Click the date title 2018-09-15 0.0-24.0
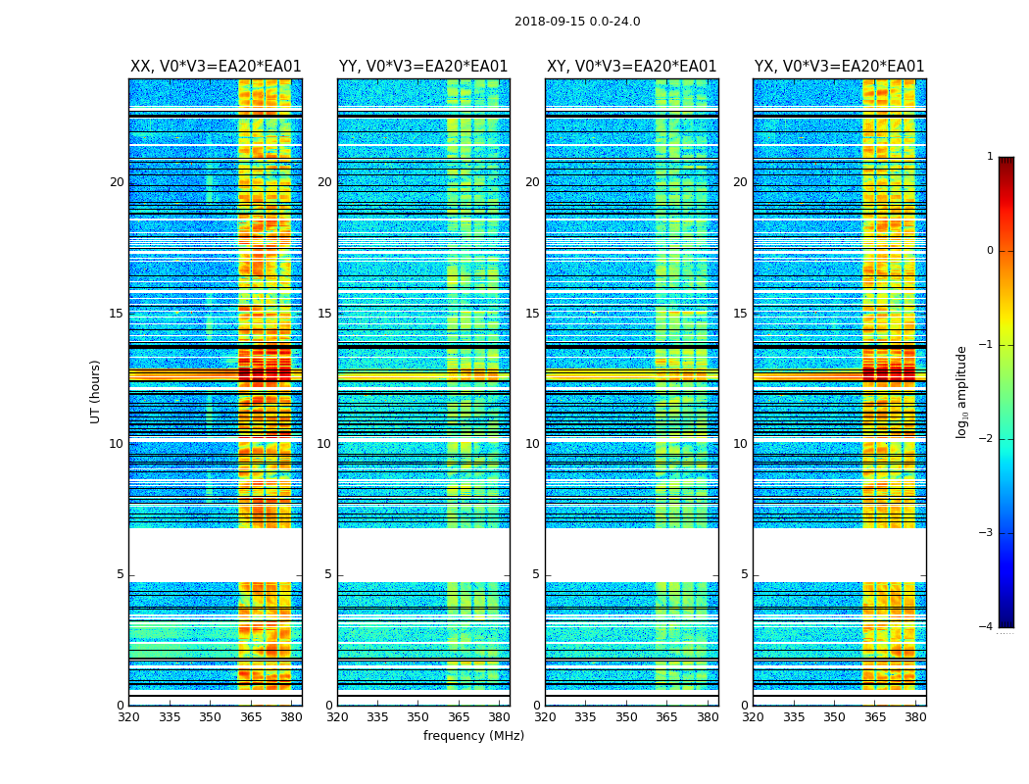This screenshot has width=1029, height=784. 577,22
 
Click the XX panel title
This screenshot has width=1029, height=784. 216,67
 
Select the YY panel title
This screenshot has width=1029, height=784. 423,67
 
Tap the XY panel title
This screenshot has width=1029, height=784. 631,67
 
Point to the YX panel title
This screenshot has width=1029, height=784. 839,67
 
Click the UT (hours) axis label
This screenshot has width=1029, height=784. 96,391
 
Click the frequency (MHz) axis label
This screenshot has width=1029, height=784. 473,736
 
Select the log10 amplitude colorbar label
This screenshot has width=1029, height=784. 962,391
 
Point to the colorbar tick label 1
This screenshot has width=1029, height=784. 989,157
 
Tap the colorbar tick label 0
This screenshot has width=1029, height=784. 989,251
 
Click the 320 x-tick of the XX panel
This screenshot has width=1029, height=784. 128,717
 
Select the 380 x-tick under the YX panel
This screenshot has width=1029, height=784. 915,717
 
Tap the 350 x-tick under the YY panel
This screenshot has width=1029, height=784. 418,717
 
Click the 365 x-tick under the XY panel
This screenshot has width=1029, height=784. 666,717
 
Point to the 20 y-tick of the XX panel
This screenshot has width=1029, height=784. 117,182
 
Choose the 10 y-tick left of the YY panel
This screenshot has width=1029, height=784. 324,444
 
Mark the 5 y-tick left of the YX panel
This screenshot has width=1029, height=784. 744,574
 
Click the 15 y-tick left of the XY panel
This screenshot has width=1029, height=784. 532,314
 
